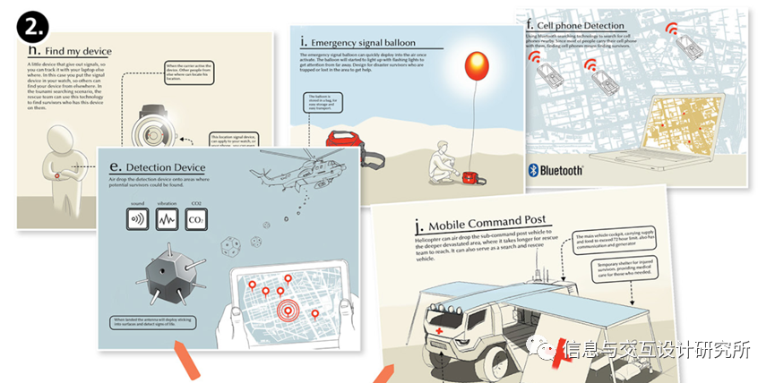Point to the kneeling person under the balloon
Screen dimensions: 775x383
click(444, 162)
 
